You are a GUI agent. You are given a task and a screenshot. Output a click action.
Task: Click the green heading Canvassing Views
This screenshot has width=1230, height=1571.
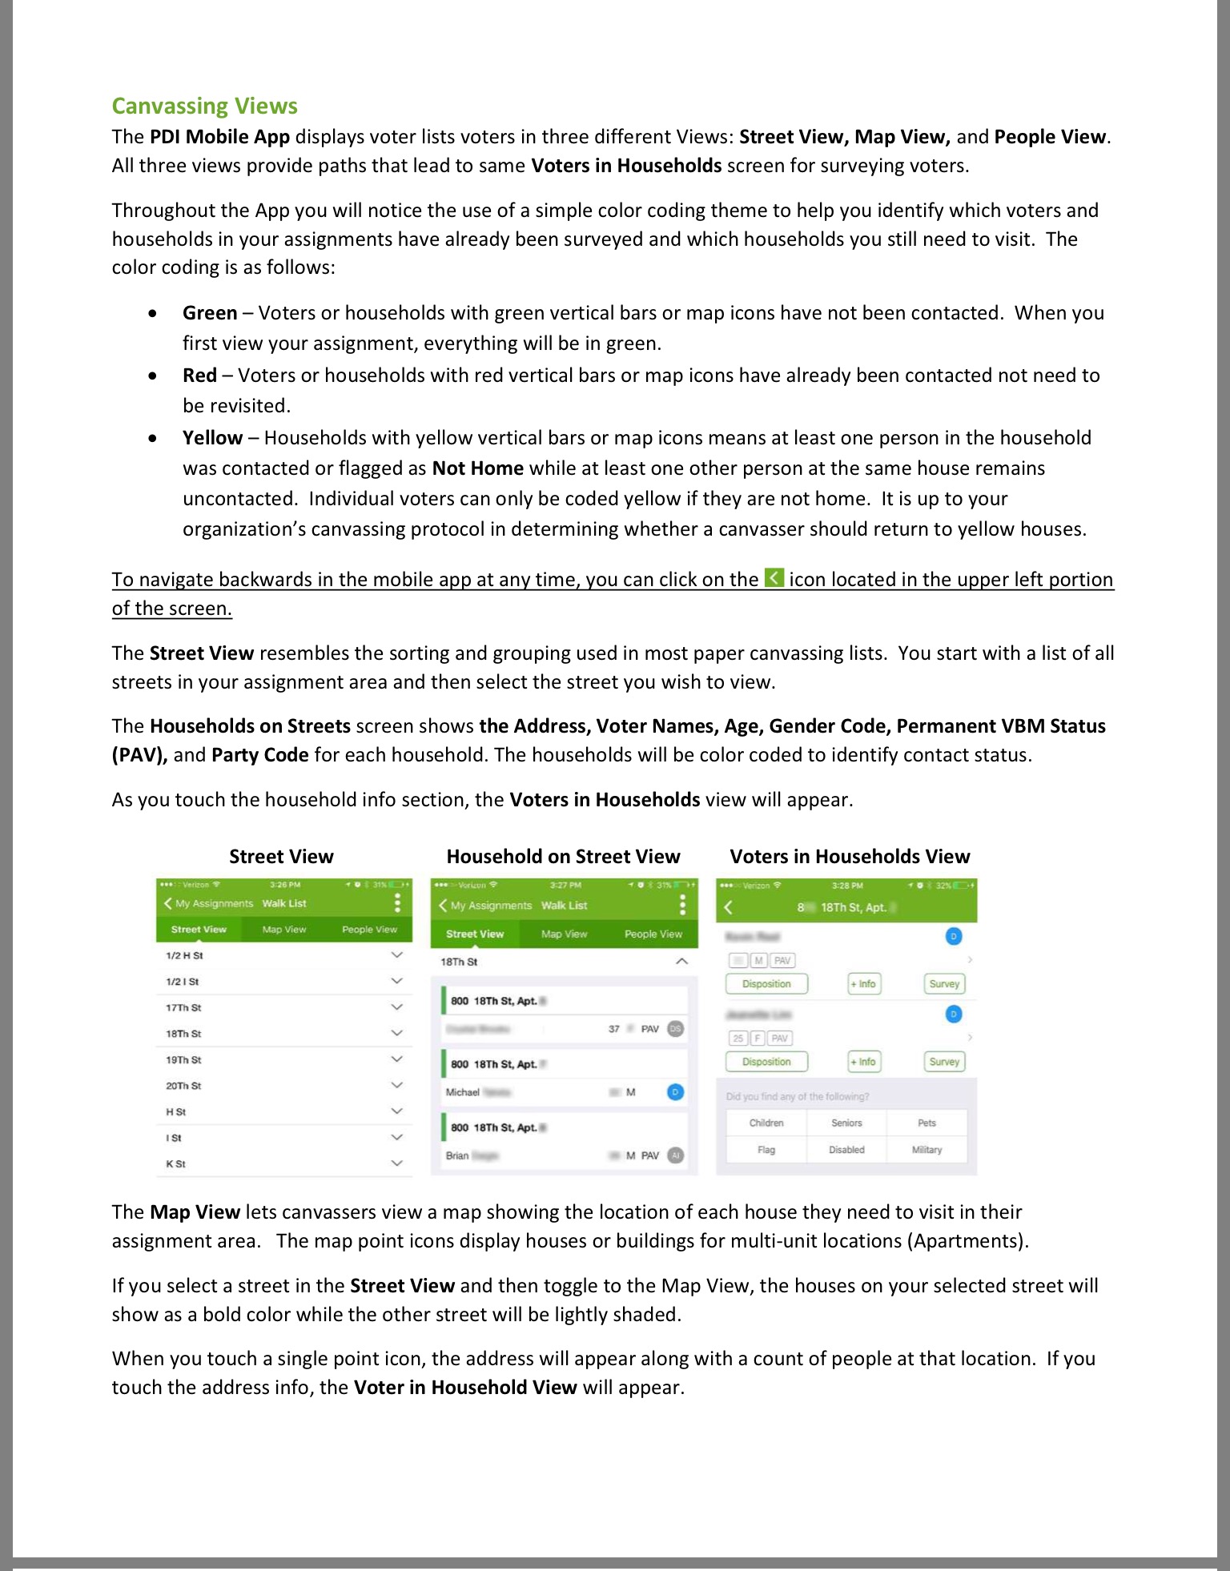[x=204, y=106]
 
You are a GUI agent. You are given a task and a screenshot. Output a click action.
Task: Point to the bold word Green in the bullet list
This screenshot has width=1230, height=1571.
[x=210, y=313]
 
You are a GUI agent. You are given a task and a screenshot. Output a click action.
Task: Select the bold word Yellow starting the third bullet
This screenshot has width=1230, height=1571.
[x=212, y=438]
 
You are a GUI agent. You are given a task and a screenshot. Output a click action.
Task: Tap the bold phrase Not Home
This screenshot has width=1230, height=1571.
[x=477, y=468]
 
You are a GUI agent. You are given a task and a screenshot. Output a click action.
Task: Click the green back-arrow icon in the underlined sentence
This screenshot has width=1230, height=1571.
[x=774, y=578]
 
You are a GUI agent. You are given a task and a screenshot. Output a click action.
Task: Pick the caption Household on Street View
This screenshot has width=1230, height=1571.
[x=563, y=857]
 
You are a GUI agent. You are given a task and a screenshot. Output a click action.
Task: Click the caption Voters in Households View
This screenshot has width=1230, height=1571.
[x=850, y=857]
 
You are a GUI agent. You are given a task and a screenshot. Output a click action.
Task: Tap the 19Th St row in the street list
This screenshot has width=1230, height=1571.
[x=184, y=1060]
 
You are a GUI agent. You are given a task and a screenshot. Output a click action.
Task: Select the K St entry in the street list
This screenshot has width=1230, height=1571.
[x=176, y=1164]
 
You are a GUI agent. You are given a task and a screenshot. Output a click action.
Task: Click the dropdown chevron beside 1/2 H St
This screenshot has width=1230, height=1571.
[x=396, y=955]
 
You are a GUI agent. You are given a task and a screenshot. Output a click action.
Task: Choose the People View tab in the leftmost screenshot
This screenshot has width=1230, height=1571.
[x=369, y=930]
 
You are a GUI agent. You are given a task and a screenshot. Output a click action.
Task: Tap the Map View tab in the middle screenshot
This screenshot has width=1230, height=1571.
[x=564, y=934]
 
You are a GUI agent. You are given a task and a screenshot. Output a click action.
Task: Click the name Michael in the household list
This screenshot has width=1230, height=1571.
[x=463, y=1092]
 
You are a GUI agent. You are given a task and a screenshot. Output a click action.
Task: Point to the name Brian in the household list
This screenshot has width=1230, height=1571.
[x=457, y=1155]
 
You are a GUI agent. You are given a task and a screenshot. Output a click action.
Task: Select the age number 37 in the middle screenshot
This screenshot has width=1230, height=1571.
[x=613, y=1029]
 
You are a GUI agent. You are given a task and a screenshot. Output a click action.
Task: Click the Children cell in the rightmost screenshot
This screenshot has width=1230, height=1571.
[x=766, y=1123]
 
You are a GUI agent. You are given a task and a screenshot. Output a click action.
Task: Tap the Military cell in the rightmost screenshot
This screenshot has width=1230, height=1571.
[x=927, y=1150]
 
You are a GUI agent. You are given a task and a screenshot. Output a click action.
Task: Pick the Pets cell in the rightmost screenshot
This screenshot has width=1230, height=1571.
[x=927, y=1123]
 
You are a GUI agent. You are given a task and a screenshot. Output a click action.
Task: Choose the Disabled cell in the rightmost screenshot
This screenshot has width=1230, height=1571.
[x=846, y=1150]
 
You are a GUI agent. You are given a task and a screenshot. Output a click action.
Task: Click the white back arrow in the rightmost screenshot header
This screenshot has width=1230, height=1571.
[x=728, y=907]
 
